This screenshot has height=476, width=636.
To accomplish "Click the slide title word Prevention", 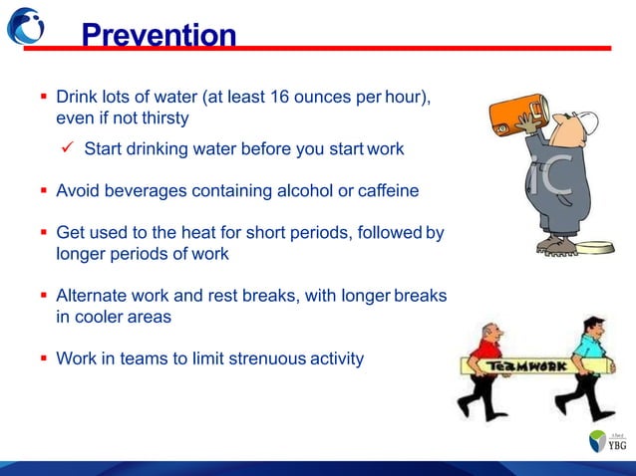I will click(159, 37).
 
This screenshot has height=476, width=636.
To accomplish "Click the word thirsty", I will click(159, 118).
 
